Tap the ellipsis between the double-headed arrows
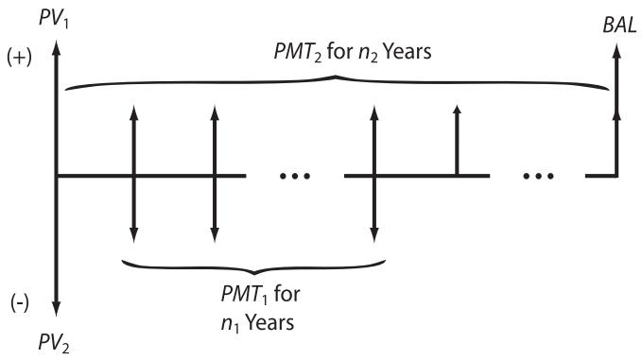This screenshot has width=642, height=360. [x=295, y=177]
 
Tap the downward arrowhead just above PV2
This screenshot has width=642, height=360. [x=57, y=308]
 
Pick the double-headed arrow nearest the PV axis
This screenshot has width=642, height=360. [x=133, y=176]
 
